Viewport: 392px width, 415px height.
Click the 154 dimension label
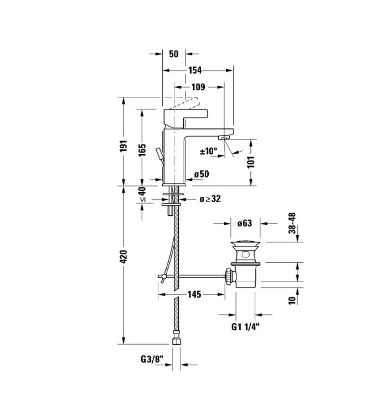click(195, 70)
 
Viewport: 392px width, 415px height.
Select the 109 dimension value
click(198, 87)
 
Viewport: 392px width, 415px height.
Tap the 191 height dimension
click(123, 146)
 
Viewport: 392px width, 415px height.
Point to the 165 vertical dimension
click(142, 150)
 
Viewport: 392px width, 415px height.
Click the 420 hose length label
click(123, 256)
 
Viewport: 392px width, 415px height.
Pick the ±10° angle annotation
click(208, 151)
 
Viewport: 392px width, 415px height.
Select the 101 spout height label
click(251, 162)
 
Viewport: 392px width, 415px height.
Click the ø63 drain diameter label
click(245, 223)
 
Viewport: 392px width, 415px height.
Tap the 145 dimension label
click(194, 294)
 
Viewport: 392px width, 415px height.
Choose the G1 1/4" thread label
click(245, 327)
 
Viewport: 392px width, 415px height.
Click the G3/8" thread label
click(152, 359)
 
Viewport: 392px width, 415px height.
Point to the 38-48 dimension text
click(292, 223)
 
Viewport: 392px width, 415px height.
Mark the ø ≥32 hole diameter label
click(210, 199)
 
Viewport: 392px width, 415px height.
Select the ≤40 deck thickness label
click(142, 195)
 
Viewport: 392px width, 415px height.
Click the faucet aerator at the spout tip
click(224, 137)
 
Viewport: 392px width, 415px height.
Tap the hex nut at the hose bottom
click(176, 341)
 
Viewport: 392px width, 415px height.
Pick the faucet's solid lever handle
click(185, 118)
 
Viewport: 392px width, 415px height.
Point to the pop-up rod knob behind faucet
click(160, 154)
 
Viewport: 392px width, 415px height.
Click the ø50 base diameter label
click(202, 174)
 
